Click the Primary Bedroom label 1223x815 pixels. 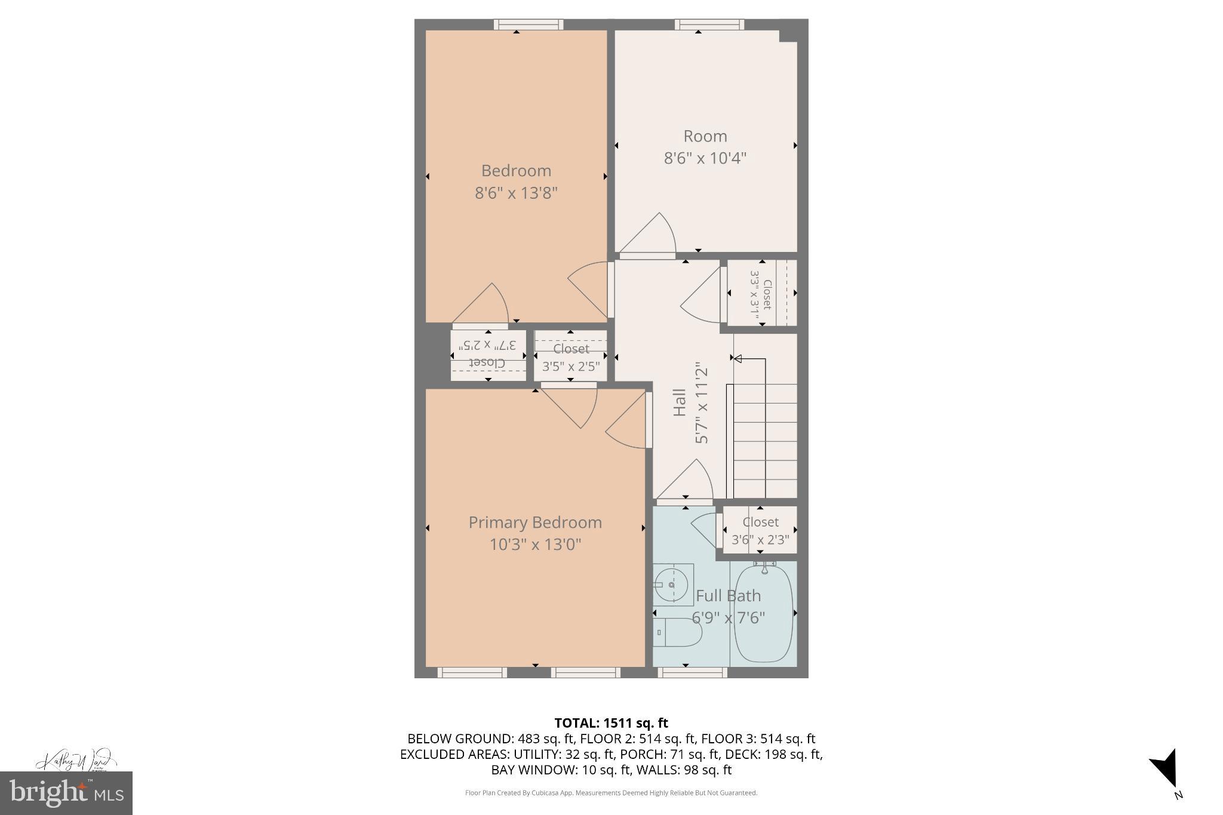[x=534, y=522]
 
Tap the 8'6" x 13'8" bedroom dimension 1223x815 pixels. [x=516, y=193]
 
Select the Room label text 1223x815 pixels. [x=705, y=136]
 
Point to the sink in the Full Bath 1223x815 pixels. [x=672, y=584]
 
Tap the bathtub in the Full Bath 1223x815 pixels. [x=764, y=614]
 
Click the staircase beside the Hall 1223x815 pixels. [x=764, y=430]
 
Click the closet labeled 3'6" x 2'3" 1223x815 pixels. [x=760, y=530]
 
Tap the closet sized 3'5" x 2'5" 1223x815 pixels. [x=570, y=356]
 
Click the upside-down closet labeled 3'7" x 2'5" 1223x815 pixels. [x=488, y=355]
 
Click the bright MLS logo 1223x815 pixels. [x=66, y=793]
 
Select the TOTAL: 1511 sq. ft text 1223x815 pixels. [x=611, y=723]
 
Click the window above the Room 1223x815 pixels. [x=709, y=24]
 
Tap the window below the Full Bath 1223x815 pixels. [x=692, y=672]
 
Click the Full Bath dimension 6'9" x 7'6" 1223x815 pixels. [x=728, y=617]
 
